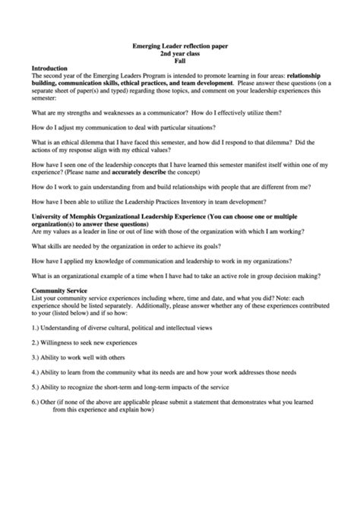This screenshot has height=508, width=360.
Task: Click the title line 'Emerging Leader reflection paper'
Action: [x=179, y=47]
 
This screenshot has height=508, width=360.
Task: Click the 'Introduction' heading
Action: [x=51, y=68]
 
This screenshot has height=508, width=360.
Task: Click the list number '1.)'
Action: [x=37, y=327]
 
